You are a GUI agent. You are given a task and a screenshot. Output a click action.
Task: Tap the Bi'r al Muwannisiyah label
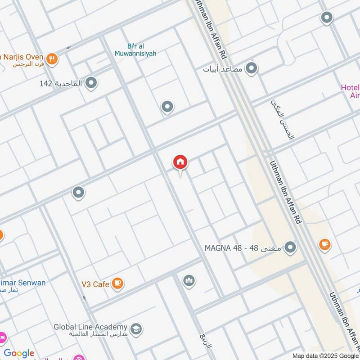coord(141,50)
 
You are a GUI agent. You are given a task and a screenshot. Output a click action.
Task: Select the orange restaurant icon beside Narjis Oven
coord(53,58)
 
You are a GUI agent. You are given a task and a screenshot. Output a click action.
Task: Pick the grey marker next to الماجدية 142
coord(91,83)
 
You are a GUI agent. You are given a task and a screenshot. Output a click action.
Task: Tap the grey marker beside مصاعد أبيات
coord(252,68)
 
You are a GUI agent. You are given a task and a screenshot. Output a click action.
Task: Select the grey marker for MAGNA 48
coord(291,247)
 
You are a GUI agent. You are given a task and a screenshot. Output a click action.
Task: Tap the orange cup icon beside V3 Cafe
coord(118,283)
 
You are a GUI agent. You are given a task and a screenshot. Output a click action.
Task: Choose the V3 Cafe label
coord(95,284)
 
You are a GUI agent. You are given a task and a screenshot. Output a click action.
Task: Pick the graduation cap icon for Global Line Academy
coord(135,328)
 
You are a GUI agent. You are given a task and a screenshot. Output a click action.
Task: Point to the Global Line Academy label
coord(90,327)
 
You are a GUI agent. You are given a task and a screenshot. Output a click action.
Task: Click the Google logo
coord(19,354)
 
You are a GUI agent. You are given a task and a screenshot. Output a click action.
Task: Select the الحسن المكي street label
coord(282,119)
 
